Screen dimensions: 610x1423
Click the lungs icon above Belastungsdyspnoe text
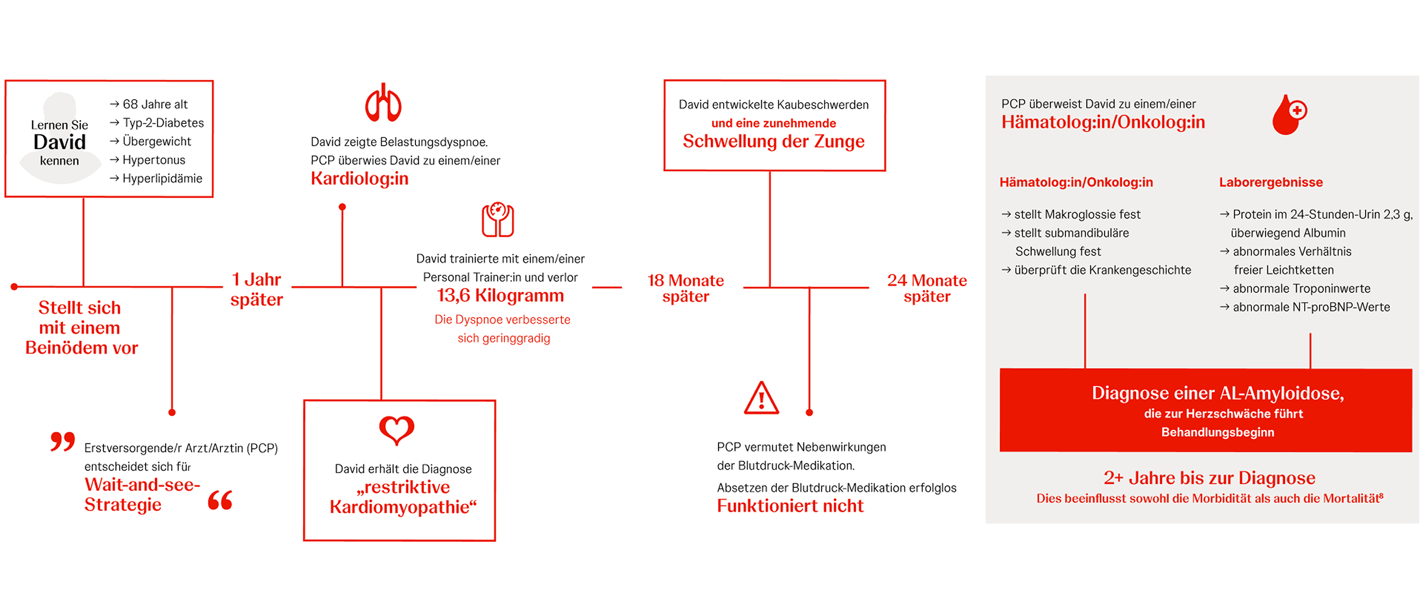383,103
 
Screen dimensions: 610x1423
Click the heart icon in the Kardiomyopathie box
396,430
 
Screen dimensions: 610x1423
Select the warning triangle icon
761,398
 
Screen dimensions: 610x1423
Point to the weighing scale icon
498,220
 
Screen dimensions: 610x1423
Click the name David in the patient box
60,142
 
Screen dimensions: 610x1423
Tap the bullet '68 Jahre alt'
155,104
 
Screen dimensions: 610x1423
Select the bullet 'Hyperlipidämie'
162,178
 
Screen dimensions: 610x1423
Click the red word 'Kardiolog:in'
359,178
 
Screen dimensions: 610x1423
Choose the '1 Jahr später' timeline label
256,289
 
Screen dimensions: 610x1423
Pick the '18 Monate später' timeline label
685,288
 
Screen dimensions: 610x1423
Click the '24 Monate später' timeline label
926,288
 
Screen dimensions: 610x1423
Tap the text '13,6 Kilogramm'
500,296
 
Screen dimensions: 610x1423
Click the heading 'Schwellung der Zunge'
773,141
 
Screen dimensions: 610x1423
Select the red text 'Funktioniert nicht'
789,506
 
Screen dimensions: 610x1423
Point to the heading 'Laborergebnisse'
1271,182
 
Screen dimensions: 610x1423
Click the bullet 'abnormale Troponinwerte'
1301,288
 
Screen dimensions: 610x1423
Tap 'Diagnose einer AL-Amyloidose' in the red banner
1217,393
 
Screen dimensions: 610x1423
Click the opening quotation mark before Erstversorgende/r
63,442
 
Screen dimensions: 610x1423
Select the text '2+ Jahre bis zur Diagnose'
1209,477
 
